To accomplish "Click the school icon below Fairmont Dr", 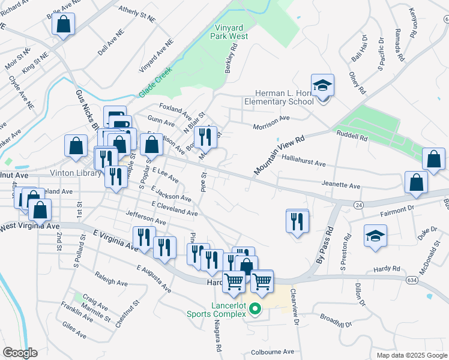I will (x=375, y=236).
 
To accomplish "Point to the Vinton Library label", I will (x=69, y=173).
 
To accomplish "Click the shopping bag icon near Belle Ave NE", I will (x=62, y=25).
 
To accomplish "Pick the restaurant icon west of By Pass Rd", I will (x=297, y=221).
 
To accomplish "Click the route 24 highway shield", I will (x=357, y=205).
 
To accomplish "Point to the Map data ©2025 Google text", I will (x=412, y=355).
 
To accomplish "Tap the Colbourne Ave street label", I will (x=273, y=352).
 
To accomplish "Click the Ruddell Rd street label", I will (x=352, y=137).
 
